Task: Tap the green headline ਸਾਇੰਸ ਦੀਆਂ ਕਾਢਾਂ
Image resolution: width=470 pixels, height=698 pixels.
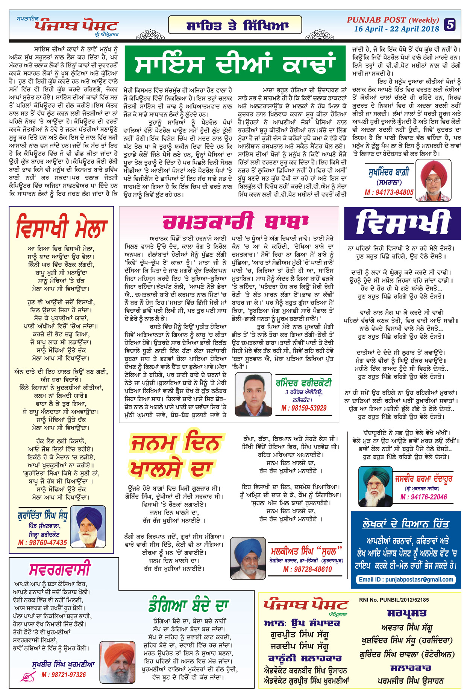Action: point(235,63)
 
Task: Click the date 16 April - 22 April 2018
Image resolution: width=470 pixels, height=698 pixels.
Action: point(396,29)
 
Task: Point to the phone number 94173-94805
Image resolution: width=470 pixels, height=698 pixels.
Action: point(389,192)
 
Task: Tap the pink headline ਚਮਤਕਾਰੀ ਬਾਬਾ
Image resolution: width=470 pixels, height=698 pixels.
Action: point(235,222)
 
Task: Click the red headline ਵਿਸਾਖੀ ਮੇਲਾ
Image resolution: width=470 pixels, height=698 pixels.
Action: point(62,227)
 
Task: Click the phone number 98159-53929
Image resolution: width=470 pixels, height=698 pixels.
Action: point(304,408)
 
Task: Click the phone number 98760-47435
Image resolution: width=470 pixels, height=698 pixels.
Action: point(42,543)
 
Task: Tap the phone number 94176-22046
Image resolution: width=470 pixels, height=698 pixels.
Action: point(423,497)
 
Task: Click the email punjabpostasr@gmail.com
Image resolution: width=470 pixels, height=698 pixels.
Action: point(406,579)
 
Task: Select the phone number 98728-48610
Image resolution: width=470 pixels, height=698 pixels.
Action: point(308,569)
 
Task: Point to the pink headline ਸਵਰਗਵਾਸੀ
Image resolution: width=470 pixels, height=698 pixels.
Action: point(60,569)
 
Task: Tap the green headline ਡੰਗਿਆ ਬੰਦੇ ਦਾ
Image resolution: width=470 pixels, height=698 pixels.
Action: point(188,606)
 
